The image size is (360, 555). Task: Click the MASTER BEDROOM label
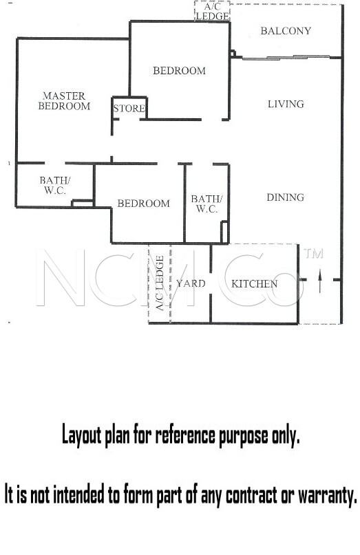click(64, 101)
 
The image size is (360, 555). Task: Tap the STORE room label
click(129, 108)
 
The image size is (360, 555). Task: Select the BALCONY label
click(286, 31)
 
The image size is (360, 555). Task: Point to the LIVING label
click(286, 104)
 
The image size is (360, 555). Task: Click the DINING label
click(285, 197)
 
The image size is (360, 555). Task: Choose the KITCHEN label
click(254, 283)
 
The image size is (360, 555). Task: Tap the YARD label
click(191, 283)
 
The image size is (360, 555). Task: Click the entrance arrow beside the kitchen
click(319, 281)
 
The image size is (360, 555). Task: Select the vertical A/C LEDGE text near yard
click(160, 283)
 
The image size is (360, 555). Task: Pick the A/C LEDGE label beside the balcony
click(212, 12)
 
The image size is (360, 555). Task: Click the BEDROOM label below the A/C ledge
click(179, 71)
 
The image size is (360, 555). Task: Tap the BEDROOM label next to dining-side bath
click(143, 203)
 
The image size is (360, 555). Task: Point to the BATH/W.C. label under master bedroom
click(55, 186)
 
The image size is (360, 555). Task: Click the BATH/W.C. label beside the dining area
click(207, 204)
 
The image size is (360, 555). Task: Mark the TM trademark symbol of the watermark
click(314, 254)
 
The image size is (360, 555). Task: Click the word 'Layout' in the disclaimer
click(81, 435)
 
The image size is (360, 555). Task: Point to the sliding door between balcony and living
click(286, 57)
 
